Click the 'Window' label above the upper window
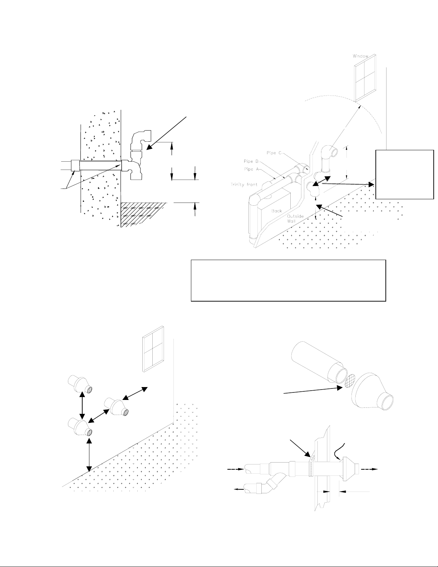pyautogui.click(x=360, y=56)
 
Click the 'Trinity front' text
pyautogui.click(x=241, y=185)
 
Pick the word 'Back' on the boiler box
pyautogui.click(x=277, y=211)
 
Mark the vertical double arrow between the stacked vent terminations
pyautogui.click(x=83, y=405)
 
